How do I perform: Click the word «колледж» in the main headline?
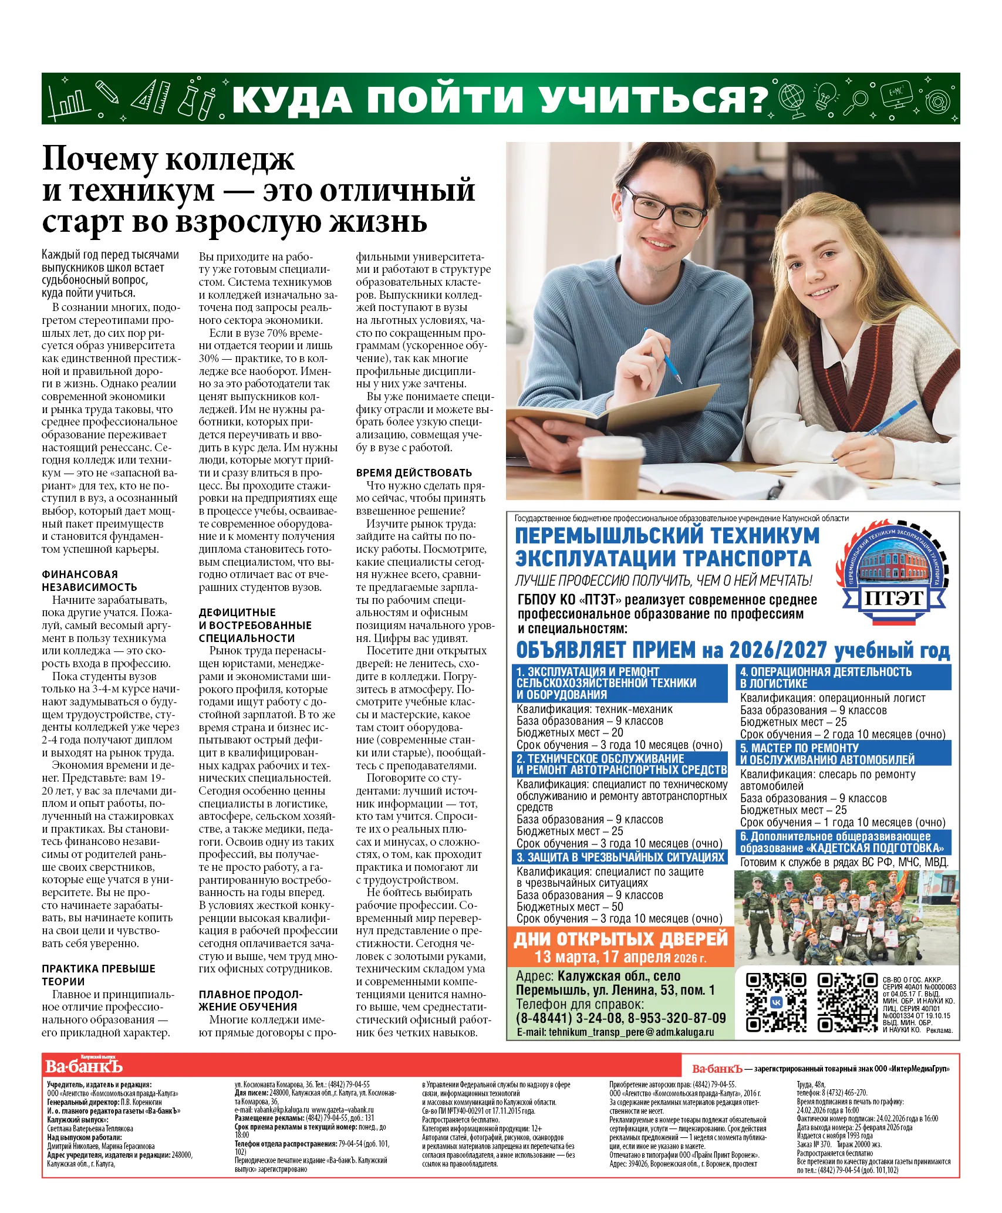230,159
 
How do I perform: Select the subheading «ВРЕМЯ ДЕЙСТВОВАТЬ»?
414,473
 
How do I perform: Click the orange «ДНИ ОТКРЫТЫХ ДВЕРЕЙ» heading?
620,939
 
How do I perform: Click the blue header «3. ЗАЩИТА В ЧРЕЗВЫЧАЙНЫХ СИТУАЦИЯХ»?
620,857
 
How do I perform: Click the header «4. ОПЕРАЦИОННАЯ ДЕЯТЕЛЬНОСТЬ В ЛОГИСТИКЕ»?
843,678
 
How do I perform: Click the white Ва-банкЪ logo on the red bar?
83,1066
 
